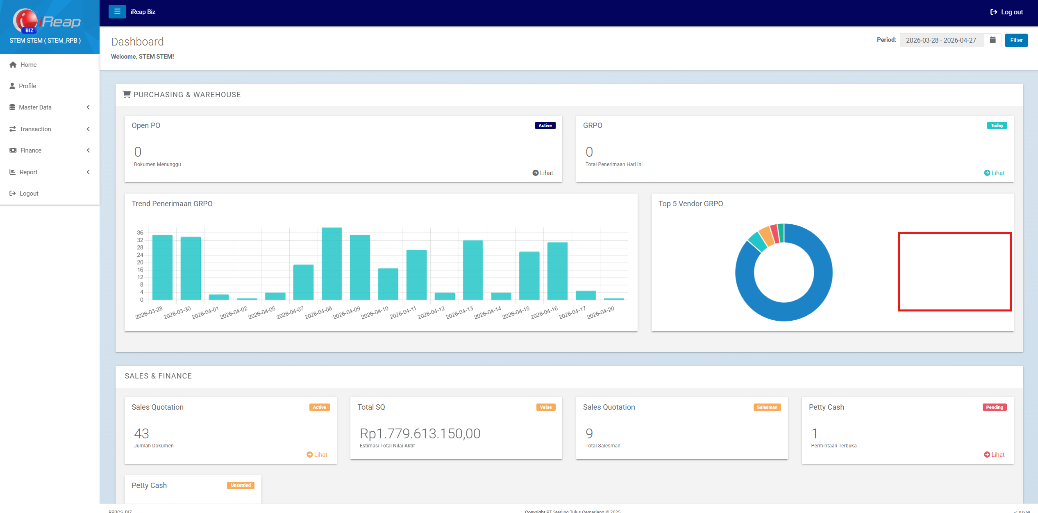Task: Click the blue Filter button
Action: pyautogui.click(x=1016, y=40)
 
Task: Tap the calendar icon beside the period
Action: pyautogui.click(x=993, y=40)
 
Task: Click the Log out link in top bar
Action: pyautogui.click(x=1006, y=12)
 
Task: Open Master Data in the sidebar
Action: pyautogui.click(x=35, y=107)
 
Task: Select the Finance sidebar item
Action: pyautogui.click(x=31, y=150)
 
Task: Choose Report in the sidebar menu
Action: pyautogui.click(x=28, y=172)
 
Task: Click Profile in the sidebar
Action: pyautogui.click(x=27, y=86)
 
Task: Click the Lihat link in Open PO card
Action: pyautogui.click(x=543, y=173)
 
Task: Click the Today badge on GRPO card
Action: pyautogui.click(x=997, y=125)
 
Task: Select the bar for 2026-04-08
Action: pyautogui.click(x=332, y=264)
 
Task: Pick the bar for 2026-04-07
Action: pyautogui.click(x=303, y=282)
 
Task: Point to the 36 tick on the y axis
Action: pyautogui.click(x=140, y=233)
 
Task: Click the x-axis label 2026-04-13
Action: pyautogui.click(x=459, y=313)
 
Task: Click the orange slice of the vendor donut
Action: pyautogui.click(x=765, y=237)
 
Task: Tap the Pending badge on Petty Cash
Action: pyautogui.click(x=994, y=407)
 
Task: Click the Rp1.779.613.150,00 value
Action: pyautogui.click(x=420, y=433)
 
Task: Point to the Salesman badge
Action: pyautogui.click(x=767, y=407)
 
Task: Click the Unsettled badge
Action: pyautogui.click(x=241, y=486)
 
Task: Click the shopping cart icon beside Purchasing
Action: pyautogui.click(x=127, y=95)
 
